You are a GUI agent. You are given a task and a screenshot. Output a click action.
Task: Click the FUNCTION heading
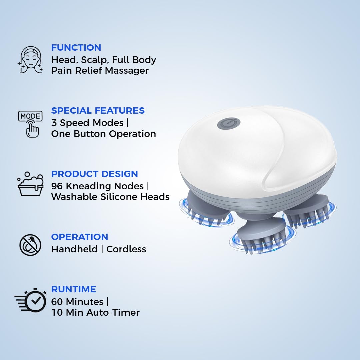(x=76, y=48)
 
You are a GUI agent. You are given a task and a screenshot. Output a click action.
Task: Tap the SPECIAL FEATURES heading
(x=98, y=111)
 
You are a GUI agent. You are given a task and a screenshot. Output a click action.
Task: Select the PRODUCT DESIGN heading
(x=94, y=174)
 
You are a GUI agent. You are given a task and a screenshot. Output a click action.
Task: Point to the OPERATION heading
(x=79, y=237)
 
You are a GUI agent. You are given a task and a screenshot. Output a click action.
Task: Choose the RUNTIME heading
(x=73, y=289)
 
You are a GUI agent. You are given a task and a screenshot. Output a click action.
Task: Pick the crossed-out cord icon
(x=30, y=245)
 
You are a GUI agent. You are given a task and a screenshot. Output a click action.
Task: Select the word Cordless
(x=126, y=249)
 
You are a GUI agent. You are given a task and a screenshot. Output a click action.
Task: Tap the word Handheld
(x=74, y=249)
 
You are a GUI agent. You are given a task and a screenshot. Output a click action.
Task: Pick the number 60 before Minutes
(x=57, y=302)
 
